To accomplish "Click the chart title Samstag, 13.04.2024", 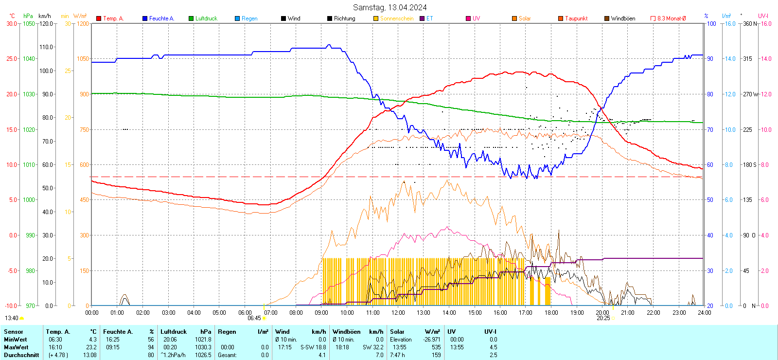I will pyautogui.click(x=389, y=7).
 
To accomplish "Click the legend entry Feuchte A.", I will pyautogui.click(x=161, y=18).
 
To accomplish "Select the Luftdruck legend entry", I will pyautogui.click(x=206, y=18).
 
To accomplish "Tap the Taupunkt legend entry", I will pyautogui.click(x=576, y=18).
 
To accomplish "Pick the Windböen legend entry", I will pyautogui.click(x=622, y=18).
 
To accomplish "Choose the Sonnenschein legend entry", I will pyautogui.click(x=396, y=18).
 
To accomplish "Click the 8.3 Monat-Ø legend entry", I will pyautogui.click(x=671, y=18).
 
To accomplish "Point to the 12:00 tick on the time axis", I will pyautogui.click(x=398, y=313).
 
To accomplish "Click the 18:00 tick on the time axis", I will pyautogui.click(x=551, y=313).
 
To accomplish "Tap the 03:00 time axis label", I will pyautogui.click(x=168, y=313).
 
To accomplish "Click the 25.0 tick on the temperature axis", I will pyautogui.click(x=12, y=59).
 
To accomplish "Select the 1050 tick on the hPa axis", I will pyautogui.click(x=29, y=23).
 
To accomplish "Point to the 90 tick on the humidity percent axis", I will pyautogui.click(x=710, y=59).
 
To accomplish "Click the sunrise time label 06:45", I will pyautogui.click(x=254, y=318).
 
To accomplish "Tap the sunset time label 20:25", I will pyautogui.click(x=603, y=318).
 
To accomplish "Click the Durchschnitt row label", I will pyautogui.click(x=21, y=355).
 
